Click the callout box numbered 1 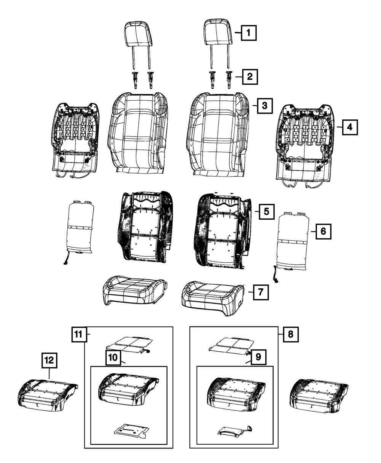point(248,34)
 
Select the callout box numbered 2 point(249,77)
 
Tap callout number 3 point(264,105)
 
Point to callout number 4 point(349,127)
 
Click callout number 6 point(323,231)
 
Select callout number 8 point(290,335)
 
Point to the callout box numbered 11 point(78,335)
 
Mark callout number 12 point(50,360)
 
